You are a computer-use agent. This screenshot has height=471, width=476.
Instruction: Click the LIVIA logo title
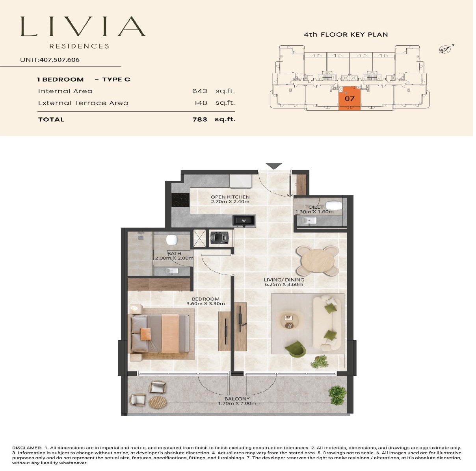click(83, 27)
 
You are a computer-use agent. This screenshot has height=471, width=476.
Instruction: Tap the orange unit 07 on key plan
click(350, 98)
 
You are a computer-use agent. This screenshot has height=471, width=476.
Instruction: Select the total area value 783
click(199, 119)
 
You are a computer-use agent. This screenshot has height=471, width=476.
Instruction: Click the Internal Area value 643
click(199, 91)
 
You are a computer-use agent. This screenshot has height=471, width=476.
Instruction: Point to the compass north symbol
click(446, 49)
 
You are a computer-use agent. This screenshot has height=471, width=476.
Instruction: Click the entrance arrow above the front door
click(274, 166)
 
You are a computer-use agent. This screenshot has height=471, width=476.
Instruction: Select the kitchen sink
click(244, 221)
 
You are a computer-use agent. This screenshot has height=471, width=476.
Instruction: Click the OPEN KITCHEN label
click(230, 197)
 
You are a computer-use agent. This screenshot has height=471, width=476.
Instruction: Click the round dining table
click(318, 261)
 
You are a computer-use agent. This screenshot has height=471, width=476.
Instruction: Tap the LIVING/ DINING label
click(284, 280)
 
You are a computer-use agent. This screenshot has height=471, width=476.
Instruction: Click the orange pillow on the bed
click(146, 334)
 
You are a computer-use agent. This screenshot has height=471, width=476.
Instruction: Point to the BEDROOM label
click(206, 299)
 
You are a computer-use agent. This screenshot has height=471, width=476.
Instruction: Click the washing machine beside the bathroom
click(219, 238)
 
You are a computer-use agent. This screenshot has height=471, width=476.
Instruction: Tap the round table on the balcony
click(158, 402)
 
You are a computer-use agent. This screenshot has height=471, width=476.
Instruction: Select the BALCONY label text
click(237, 399)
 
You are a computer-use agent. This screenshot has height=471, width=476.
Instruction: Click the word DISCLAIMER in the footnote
click(27, 448)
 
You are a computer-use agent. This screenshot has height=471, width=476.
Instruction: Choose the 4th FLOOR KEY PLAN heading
click(346, 35)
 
